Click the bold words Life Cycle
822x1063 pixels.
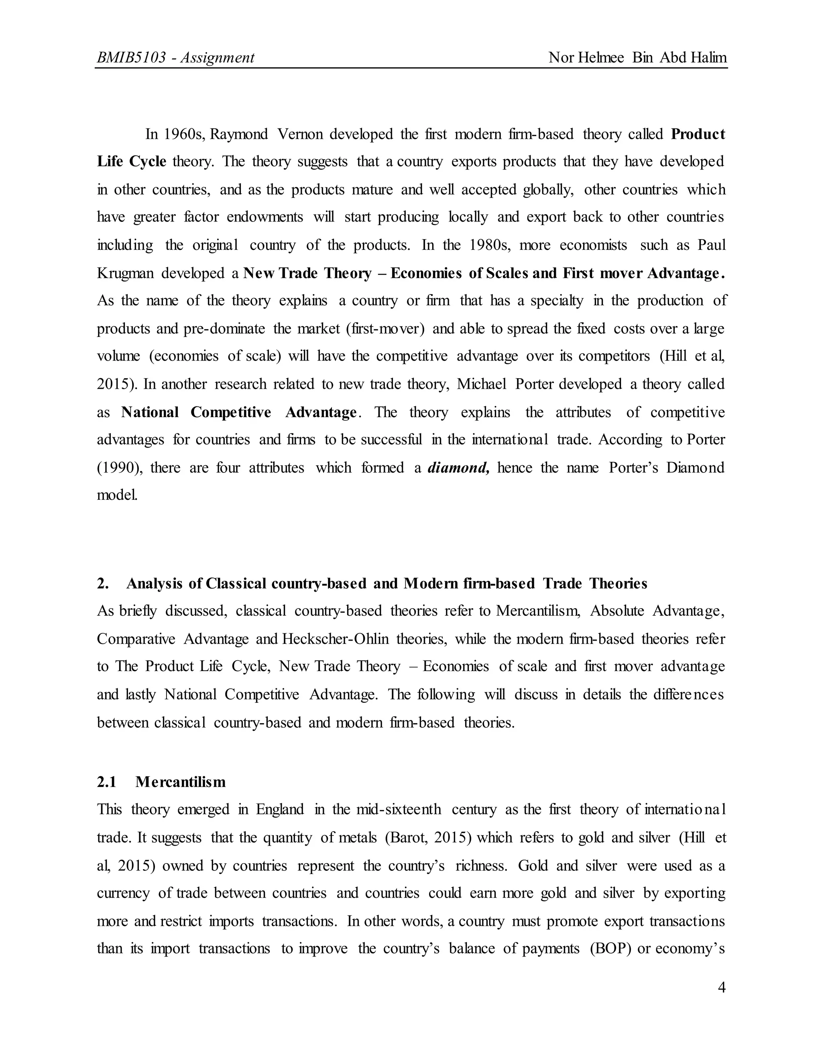click(132, 162)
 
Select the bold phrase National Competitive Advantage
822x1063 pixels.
click(239, 412)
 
